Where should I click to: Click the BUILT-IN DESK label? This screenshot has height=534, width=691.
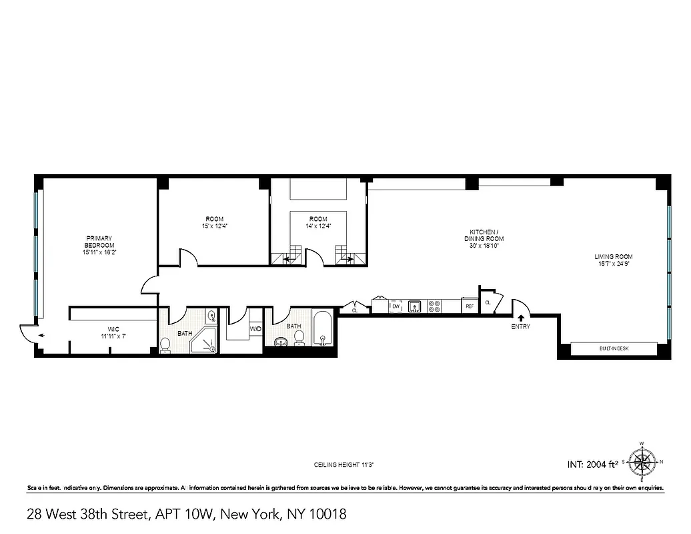pyautogui.click(x=614, y=348)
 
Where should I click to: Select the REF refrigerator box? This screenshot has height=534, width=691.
pyautogui.click(x=470, y=306)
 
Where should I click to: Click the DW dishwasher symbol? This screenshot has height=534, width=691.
pyautogui.click(x=396, y=306)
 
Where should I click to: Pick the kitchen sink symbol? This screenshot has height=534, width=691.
pyautogui.click(x=414, y=306)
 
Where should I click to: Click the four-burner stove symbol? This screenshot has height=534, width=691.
pyautogui.click(x=434, y=306)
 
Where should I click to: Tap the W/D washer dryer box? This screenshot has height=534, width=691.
pyautogui.click(x=255, y=329)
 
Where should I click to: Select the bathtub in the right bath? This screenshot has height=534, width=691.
pyautogui.click(x=322, y=330)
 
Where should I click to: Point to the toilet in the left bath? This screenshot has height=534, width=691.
pyautogui.click(x=165, y=344)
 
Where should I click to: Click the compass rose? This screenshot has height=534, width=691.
pyautogui.click(x=642, y=461)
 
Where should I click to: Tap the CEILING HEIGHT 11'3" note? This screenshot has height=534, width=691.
pyautogui.click(x=348, y=465)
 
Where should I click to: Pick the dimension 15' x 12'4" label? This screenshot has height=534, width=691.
pyautogui.click(x=214, y=226)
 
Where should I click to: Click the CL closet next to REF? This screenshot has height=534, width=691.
pyautogui.click(x=488, y=302)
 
